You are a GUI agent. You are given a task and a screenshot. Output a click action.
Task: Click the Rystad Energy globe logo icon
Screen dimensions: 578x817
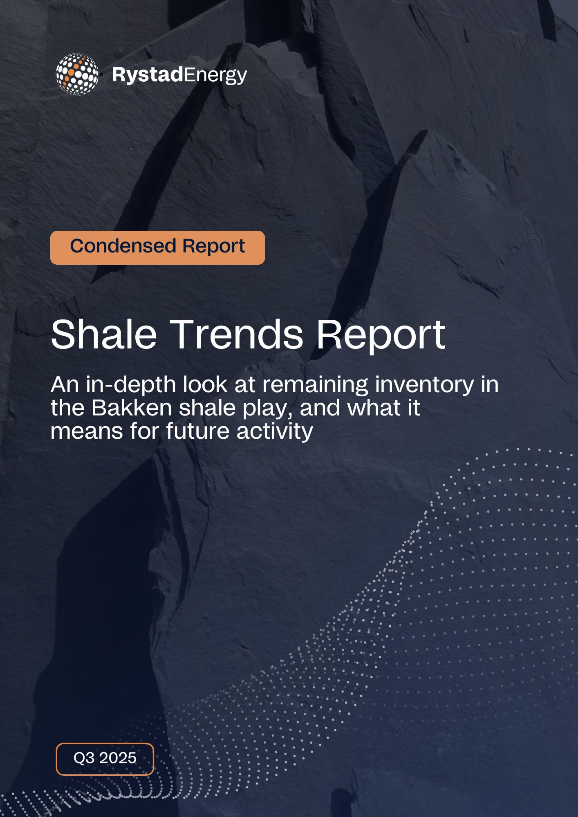[77, 74]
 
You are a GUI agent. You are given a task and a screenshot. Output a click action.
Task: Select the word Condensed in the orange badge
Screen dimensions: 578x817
[123, 246]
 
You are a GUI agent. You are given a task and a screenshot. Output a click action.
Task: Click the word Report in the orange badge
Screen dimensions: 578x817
[213, 247]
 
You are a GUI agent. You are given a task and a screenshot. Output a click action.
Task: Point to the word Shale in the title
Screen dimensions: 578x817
[104, 334]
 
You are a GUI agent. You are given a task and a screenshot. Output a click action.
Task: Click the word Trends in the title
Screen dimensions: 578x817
[239, 334]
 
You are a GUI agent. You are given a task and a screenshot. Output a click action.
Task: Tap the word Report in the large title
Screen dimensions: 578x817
[381, 336]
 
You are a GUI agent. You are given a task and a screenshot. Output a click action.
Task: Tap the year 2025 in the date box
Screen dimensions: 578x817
[118, 758]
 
